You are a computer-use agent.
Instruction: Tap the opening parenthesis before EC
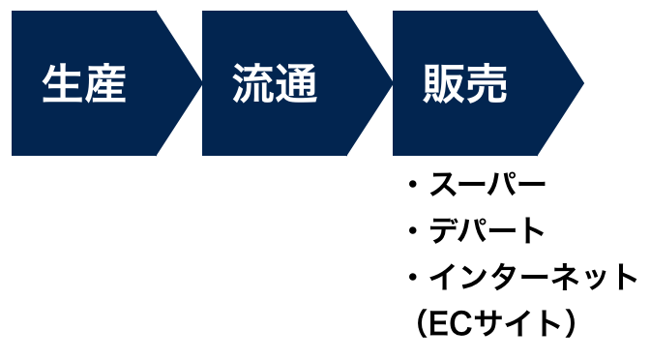point(423,324)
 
